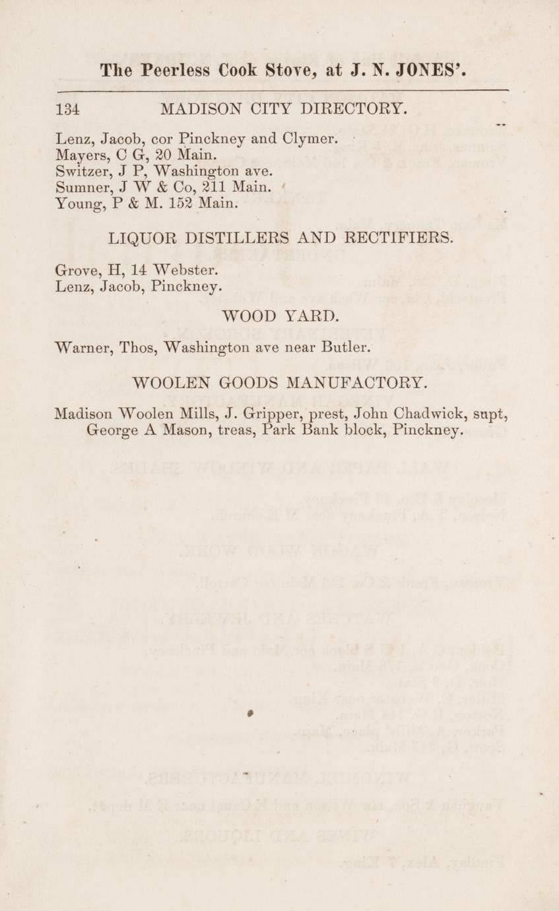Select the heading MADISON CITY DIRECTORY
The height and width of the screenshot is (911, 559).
tap(284, 108)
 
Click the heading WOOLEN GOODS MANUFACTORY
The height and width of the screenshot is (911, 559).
tap(280, 382)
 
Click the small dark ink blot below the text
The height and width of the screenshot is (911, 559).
tap(251, 714)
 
